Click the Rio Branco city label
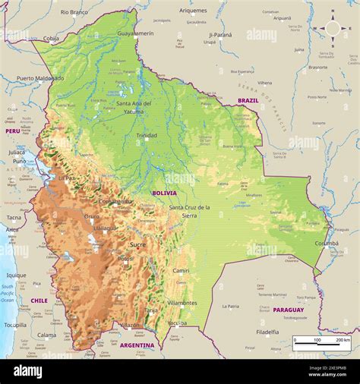tap(74, 12)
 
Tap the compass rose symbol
tap(333, 29)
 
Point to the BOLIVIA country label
tap(164, 193)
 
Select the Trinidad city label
tap(147, 135)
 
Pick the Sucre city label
tap(137, 244)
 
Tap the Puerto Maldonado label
tap(40, 77)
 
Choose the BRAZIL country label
tap(248, 100)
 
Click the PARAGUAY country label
tap(288, 310)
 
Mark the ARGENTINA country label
tap(137, 345)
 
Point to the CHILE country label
tap(39, 301)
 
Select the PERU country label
tap(12, 131)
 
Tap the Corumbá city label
tap(327, 243)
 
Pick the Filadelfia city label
tap(267, 332)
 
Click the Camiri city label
tap(181, 270)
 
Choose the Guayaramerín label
tap(135, 33)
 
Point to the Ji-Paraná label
tap(220, 34)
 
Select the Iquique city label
tap(16, 275)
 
